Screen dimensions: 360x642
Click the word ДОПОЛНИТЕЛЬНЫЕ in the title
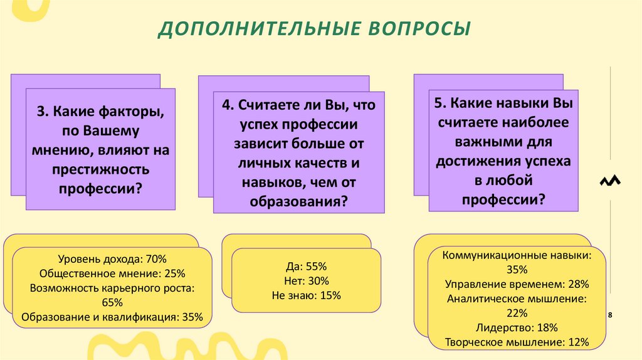point(255,29)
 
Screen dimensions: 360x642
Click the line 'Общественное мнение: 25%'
point(112,273)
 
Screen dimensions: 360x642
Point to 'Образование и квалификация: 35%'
point(112,317)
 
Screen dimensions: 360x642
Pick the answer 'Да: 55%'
point(307,266)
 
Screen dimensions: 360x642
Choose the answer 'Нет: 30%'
point(307,281)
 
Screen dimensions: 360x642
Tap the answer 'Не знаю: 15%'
point(307,295)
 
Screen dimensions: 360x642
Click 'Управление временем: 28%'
point(517,284)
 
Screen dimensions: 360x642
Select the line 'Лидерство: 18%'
point(517,327)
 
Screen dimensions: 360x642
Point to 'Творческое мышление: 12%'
point(517,342)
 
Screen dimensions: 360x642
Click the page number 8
point(610,314)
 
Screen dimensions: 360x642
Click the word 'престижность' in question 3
point(101,169)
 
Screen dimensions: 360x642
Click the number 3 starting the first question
point(40,112)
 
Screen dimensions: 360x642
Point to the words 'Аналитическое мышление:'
point(517,299)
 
